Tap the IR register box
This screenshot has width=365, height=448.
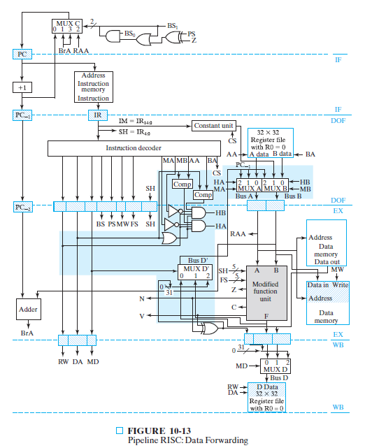98,115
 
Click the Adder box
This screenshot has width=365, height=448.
27,309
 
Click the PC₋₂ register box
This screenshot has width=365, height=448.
21,207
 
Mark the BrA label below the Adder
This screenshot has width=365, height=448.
27,334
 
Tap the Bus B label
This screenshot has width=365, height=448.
294,197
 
